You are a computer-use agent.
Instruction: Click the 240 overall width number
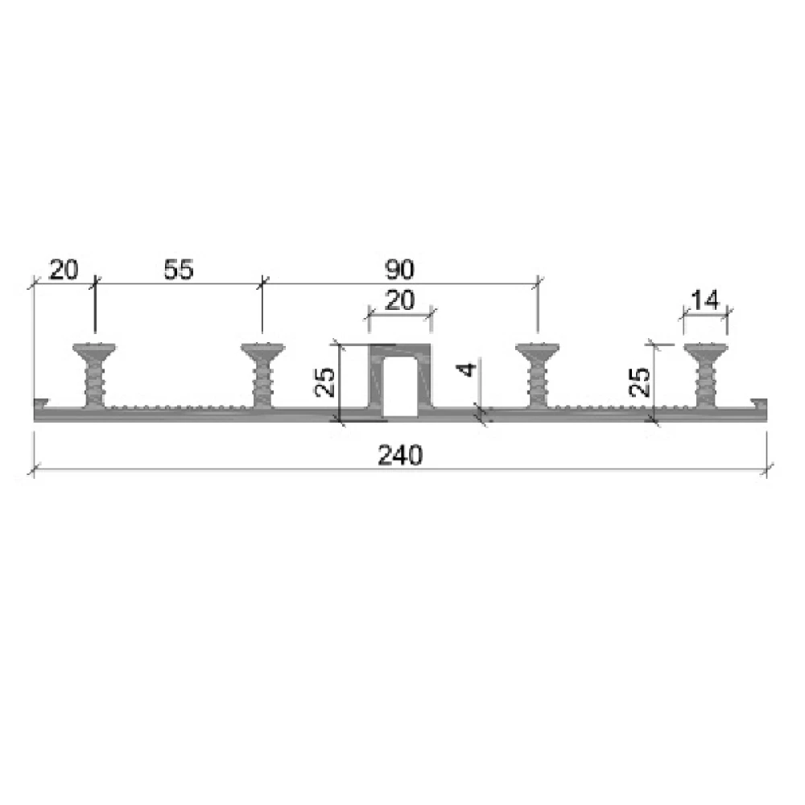click(x=400, y=456)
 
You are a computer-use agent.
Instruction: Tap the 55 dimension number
click(x=179, y=270)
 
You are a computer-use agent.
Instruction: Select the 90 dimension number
click(x=399, y=270)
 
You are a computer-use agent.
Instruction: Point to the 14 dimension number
click(x=705, y=300)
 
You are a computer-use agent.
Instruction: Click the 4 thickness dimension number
click(x=468, y=369)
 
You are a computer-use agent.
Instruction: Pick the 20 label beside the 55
click(x=64, y=270)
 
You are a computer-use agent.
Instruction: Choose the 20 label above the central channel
click(x=399, y=300)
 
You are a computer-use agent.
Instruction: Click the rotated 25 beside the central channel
click(x=324, y=382)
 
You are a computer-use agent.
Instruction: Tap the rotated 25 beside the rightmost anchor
click(x=640, y=382)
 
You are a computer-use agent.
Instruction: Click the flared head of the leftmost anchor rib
click(x=94, y=351)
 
